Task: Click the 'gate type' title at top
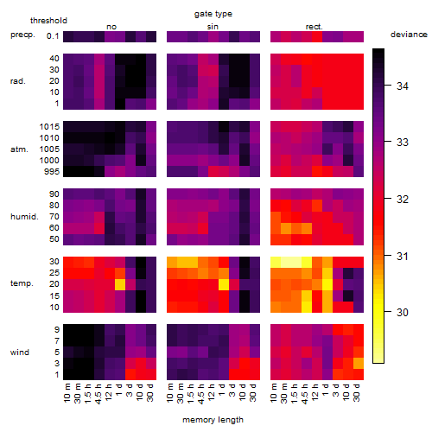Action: tap(213, 14)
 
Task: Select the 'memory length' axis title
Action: tap(213, 420)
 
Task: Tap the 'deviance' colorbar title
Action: tap(409, 35)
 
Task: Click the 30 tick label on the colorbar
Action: tap(403, 312)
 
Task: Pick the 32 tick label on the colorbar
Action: tap(403, 199)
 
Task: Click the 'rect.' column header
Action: tap(314, 27)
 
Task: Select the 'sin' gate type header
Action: tap(213, 27)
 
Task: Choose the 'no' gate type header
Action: tap(111, 27)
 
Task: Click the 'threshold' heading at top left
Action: tap(48, 21)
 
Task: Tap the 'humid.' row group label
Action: tap(24, 217)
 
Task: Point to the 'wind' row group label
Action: tap(20, 353)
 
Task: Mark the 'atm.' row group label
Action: tap(19, 149)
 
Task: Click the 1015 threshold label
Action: tap(49, 127)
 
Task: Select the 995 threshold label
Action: tap(52, 172)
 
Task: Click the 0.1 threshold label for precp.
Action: tap(53, 36)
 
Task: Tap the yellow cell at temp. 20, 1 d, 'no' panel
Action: tap(120, 284)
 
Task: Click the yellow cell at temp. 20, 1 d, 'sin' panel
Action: tap(224, 284)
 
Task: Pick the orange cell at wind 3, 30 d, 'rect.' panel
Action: tap(359, 363)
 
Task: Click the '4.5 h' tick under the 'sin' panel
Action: tap(201, 393)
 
